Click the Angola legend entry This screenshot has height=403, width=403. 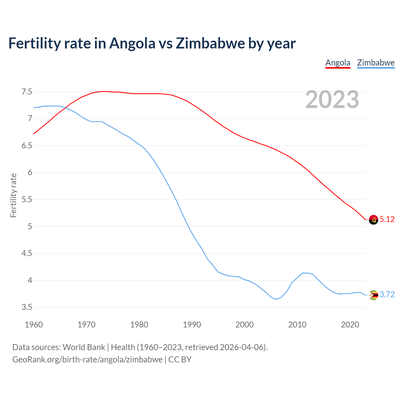(338, 63)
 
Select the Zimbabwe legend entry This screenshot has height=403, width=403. (376, 63)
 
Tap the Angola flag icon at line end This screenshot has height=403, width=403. (373, 219)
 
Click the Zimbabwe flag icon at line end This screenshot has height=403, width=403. (373, 295)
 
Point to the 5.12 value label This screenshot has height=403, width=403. (387, 219)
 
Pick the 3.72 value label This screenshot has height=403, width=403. (387, 295)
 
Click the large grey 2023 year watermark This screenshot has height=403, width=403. (332, 99)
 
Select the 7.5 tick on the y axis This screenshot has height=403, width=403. (27, 92)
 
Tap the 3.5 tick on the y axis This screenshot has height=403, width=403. (27, 307)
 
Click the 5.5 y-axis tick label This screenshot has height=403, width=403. (27, 200)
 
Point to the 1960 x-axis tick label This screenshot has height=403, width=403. (34, 325)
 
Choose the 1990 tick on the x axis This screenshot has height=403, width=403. (192, 325)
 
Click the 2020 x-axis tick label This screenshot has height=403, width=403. (350, 325)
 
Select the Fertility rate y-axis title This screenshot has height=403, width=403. (13, 195)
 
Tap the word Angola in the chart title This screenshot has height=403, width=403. (132, 43)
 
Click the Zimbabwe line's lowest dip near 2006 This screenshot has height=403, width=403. (276, 299)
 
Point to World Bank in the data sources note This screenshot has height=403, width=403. (84, 347)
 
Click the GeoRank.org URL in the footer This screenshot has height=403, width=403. (87, 360)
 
